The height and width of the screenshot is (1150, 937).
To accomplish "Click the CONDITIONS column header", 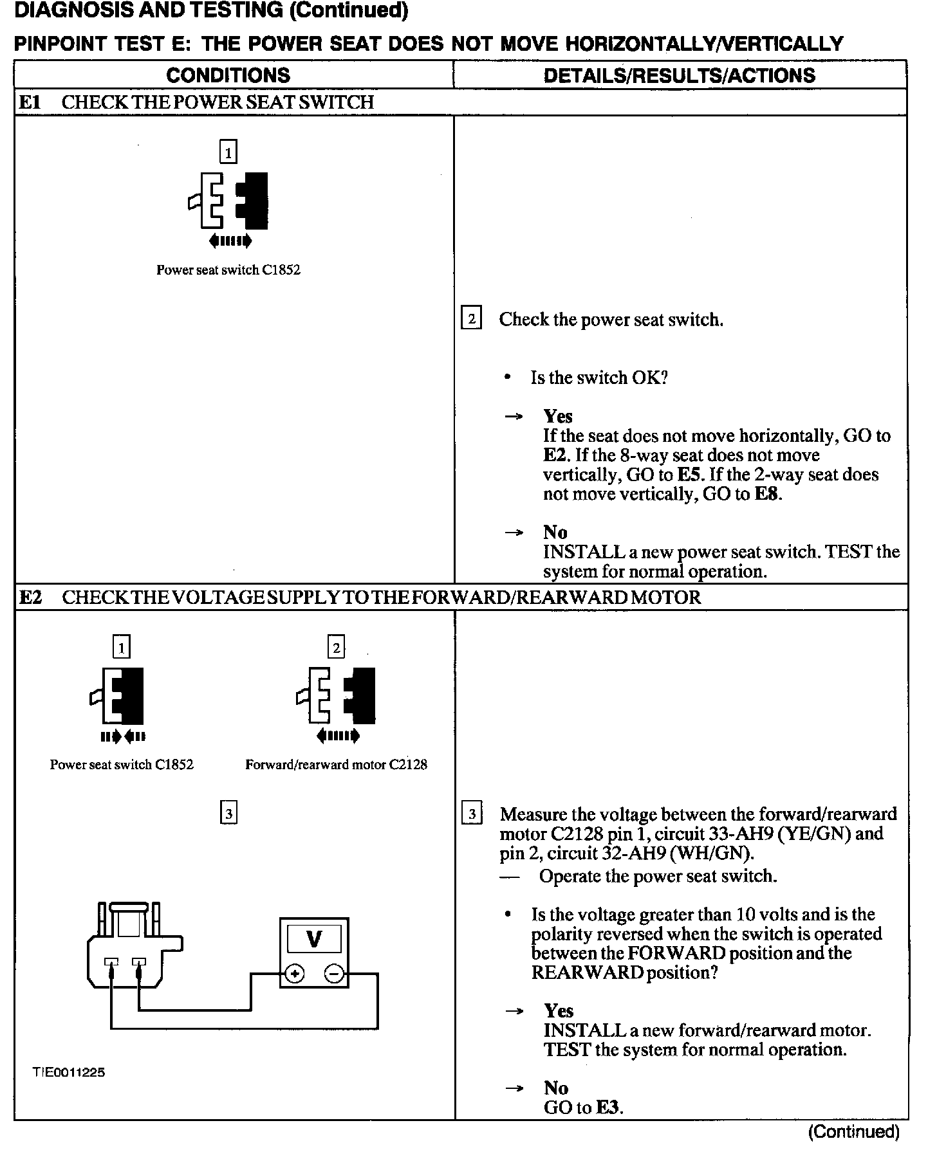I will pyautogui.click(x=228, y=75).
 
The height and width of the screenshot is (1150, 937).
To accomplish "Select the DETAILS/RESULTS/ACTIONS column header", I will pyautogui.click(x=679, y=75).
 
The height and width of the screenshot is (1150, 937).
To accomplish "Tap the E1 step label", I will pyautogui.click(x=30, y=102).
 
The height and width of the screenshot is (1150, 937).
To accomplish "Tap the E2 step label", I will pyautogui.click(x=30, y=598).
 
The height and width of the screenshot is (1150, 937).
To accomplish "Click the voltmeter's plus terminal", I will pyautogui.click(x=295, y=974).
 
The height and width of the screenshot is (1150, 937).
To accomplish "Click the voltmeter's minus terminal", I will pyautogui.click(x=334, y=974).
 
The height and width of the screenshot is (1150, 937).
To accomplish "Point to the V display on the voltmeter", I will pyautogui.click(x=314, y=940).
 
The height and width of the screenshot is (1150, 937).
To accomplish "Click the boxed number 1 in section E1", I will pyautogui.click(x=228, y=152).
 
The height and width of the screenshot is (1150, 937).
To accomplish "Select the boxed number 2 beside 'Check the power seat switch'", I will pyautogui.click(x=472, y=319).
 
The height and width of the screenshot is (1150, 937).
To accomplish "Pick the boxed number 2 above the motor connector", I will pyautogui.click(x=336, y=647).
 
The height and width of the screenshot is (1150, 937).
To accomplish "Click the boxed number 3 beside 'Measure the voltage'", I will pyautogui.click(x=472, y=814).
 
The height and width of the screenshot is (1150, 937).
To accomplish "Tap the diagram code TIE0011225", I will pyautogui.click(x=69, y=1072).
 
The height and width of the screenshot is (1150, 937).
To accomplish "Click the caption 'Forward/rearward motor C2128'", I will pyautogui.click(x=336, y=765).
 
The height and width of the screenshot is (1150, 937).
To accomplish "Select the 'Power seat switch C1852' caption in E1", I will pyautogui.click(x=228, y=270).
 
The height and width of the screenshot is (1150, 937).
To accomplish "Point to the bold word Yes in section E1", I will pyautogui.click(x=557, y=416).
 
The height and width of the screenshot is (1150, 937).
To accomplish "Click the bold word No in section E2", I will pyautogui.click(x=556, y=1088).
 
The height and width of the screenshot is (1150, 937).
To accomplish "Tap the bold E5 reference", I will pyautogui.click(x=689, y=475).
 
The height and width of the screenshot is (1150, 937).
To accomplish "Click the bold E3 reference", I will pyautogui.click(x=608, y=1107).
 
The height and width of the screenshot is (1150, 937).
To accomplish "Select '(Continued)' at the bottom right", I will pyautogui.click(x=853, y=1131).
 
